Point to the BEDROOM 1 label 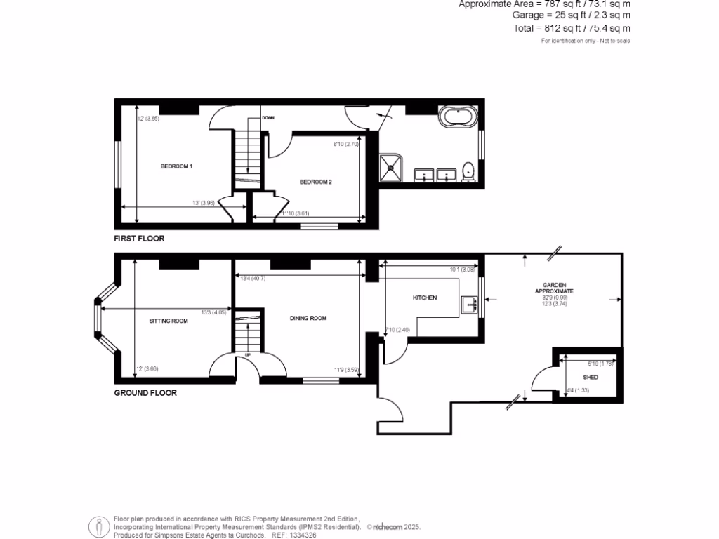pos(176,166)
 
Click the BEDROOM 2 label pos(315,182)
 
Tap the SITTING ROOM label pos(169,321)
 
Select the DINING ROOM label pos(308,318)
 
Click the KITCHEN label pos(424,298)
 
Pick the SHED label pos(591,377)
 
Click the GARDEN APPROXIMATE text pos(555,288)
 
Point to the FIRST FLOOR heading pos(139,239)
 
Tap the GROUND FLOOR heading pos(145,393)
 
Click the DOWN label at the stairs pos(268,118)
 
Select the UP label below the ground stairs pos(247,355)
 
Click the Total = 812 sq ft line pos(572,29)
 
